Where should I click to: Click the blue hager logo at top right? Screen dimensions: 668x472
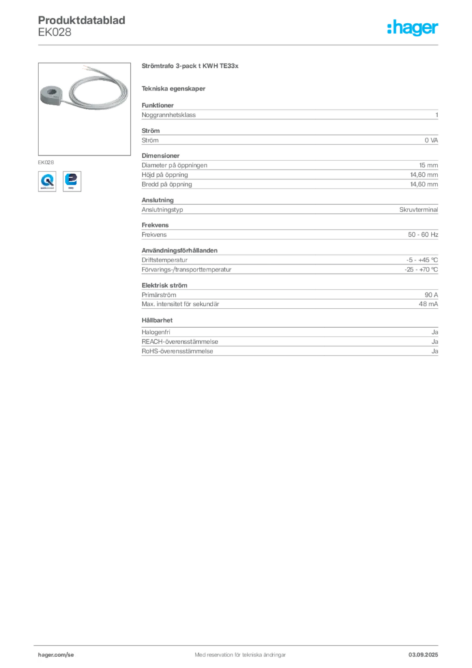(x=413, y=29)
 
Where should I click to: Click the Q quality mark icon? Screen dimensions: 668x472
(x=46, y=181)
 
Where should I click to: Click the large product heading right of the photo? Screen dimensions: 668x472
(x=190, y=67)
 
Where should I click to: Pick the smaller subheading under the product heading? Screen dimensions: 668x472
(x=175, y=88)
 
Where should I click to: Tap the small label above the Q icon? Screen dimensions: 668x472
(x=46, y=160)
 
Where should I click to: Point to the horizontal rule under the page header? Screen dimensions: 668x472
(x=239, y=44)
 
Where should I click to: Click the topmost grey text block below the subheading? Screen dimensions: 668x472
(x=289, y=114)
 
